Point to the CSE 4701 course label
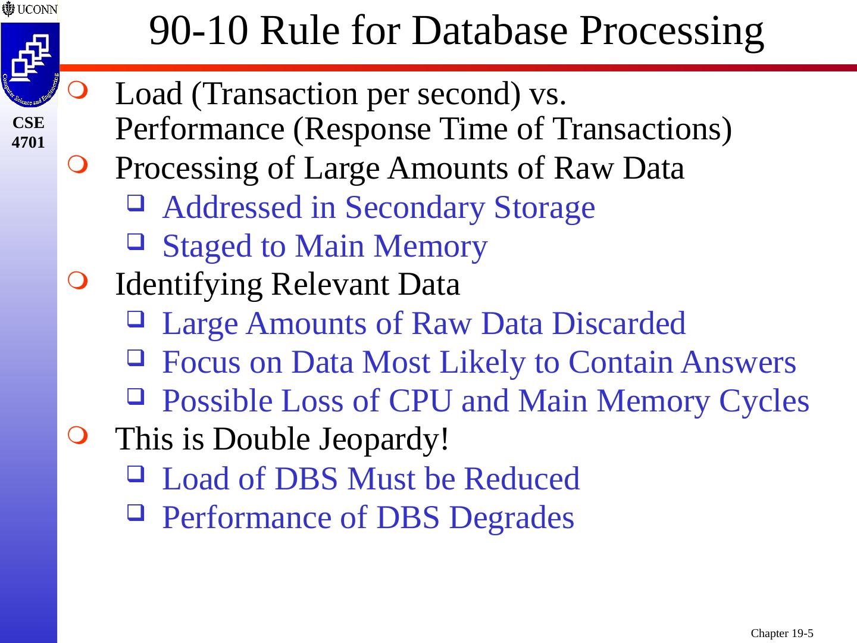click(x=29, y=133)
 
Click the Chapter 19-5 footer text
click(x=782, y=633)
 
